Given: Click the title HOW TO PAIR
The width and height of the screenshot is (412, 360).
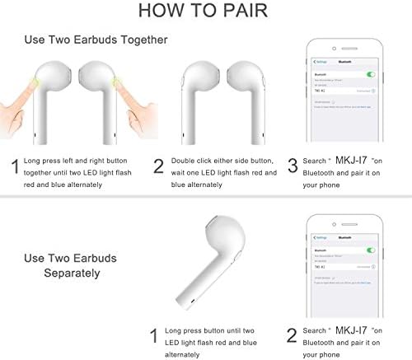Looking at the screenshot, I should coord(206,11).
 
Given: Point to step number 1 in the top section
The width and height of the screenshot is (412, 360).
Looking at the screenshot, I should coord(14,167).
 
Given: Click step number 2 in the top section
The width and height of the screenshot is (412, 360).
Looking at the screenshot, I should coord(158,167).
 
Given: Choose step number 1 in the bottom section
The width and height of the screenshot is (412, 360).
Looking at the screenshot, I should coord(153,336).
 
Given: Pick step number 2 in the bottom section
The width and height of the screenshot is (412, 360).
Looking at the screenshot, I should coord(291,336).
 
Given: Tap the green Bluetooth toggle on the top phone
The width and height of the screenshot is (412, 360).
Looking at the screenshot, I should coord(371,74).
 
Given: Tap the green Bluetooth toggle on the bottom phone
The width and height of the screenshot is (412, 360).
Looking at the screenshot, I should coord(371,249).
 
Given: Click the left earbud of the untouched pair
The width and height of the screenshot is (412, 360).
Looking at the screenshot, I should coord(202,91).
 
